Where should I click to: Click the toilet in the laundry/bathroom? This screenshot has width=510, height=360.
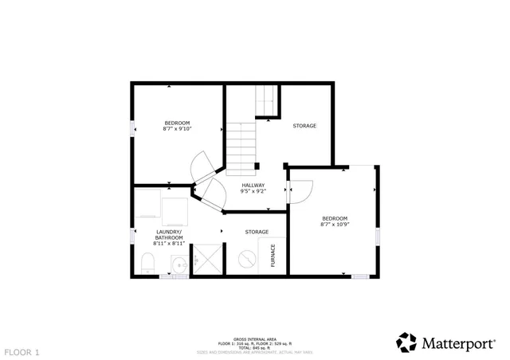[x=147, y=263]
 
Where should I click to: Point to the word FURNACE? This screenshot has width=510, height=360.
[x=273, y=254]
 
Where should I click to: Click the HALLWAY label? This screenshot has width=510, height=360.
[x=253, y=186]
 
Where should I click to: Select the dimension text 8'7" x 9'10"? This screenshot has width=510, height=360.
[x=177, y=129]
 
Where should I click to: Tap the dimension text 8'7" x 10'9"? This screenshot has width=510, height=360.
[x=335, y=225]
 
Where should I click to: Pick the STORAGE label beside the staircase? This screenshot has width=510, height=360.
[x=304, y=126]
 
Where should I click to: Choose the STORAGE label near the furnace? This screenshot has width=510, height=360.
[x=257, y=232]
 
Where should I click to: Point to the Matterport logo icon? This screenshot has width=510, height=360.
[x=406, y=342]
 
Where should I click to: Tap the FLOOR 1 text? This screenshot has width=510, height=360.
[x=22, y=351]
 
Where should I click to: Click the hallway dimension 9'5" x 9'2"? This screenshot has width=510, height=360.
[x=253, y=192]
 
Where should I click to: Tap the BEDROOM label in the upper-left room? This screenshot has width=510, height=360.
[x=177, y=123]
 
